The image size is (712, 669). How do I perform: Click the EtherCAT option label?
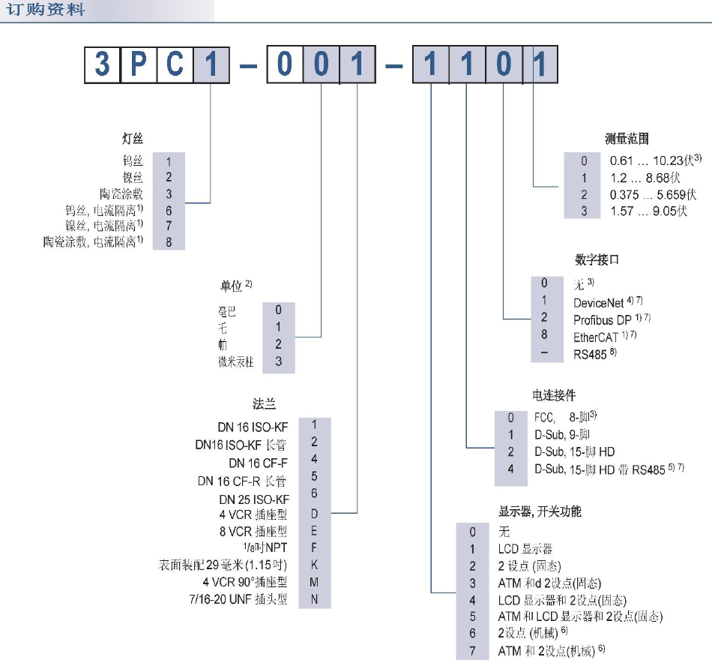coord(597,337)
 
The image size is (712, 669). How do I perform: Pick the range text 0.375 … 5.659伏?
coord(649,194)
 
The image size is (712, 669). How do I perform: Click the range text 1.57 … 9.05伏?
coord(649,211)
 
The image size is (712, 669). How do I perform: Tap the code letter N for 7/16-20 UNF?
coord(315,599)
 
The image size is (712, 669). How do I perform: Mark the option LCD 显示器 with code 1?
coord(525,548)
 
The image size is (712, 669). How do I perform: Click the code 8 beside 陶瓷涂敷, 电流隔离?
coord(169,241)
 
